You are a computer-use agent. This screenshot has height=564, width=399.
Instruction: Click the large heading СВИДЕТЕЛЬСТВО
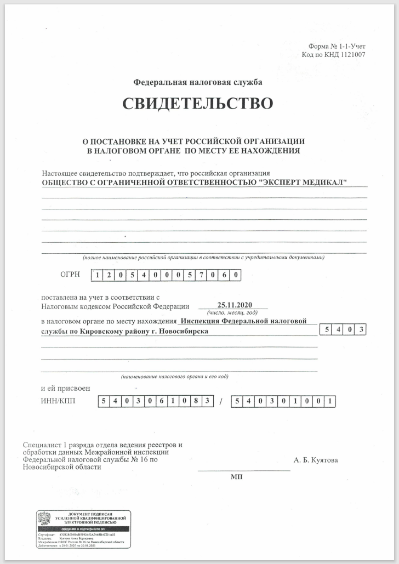coord(197,104)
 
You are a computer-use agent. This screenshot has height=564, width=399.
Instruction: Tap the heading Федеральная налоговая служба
coord(198,82)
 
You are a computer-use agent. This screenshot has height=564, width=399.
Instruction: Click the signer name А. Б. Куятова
coord(316,460)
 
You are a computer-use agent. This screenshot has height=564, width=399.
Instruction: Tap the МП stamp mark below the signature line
coord(236,477)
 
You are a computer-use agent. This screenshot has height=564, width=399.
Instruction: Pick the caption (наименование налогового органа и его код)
coord(174,377)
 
